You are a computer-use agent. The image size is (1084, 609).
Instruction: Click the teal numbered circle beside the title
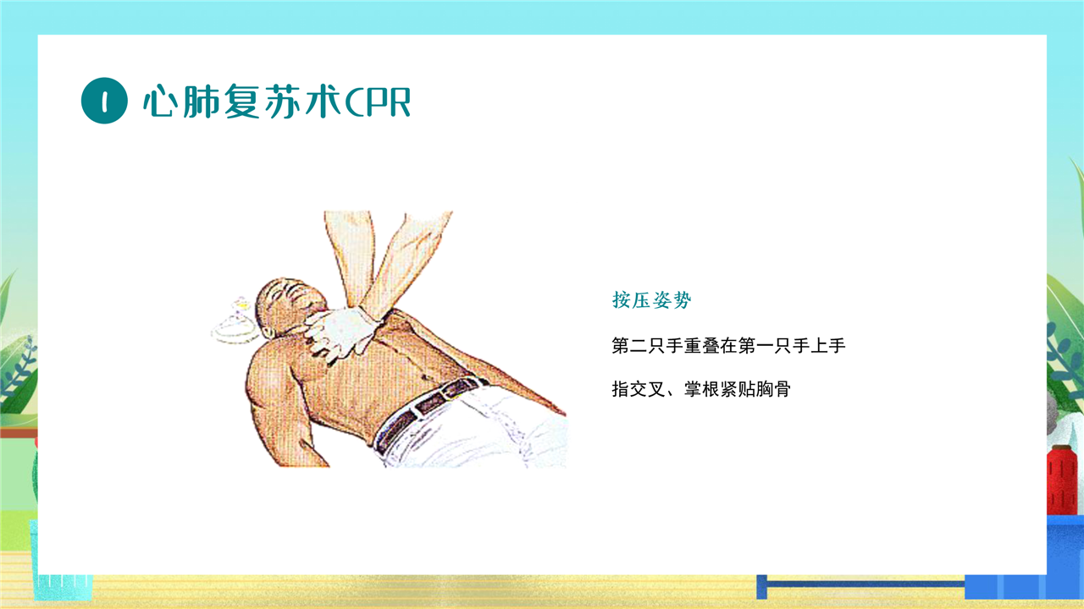click(x=104, y=101)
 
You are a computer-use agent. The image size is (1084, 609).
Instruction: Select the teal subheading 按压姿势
click(x=651, y=299)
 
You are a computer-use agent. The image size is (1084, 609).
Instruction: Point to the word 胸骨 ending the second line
click(x=773, y=389)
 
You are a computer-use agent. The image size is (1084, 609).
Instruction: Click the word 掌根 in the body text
click(x=701, y=389)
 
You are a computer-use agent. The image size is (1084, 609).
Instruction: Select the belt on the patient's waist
click(x=426, y=411)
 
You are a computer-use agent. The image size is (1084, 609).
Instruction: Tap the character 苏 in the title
click(x=280, y=101)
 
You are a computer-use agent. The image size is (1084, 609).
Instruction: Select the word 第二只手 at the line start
click(x=648, y=346)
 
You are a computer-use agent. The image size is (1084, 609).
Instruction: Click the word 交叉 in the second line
click(x=648, y=389)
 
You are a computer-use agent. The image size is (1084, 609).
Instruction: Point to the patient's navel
click(x=426, y=377)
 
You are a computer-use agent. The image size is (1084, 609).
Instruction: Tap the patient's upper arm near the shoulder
click(x=266, y=381)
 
